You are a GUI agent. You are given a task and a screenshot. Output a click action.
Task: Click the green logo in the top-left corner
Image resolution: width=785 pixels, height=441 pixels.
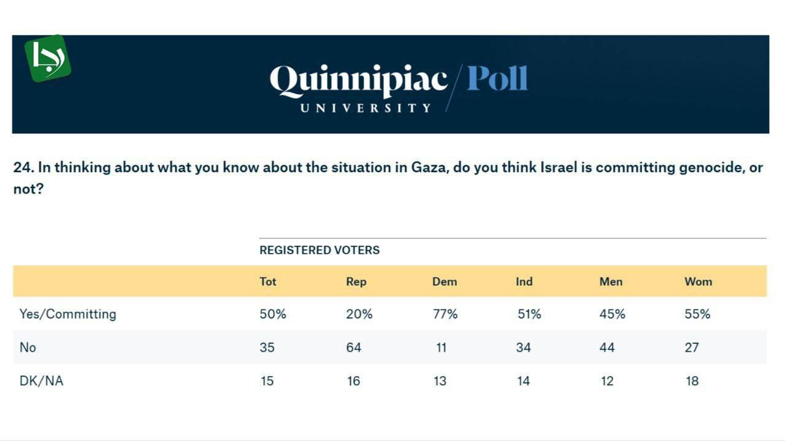click(x=47, y=58)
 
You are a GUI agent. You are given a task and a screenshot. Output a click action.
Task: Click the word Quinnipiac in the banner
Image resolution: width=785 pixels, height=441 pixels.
click(x=359, y=81)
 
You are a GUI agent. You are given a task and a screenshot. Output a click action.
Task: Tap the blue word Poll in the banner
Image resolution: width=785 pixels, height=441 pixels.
click(x=497, y=79)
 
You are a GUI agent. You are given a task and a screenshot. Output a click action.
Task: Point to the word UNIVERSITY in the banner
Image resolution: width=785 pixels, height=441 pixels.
click(x=366, y=108)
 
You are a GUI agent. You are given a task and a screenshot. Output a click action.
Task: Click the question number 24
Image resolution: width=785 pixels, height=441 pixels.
click(x=22, y=168)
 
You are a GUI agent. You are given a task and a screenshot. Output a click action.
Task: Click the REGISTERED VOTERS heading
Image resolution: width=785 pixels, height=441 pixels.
click(x=320, y=250)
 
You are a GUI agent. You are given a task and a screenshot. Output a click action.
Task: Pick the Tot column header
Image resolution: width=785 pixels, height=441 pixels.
click(x=268, y=282)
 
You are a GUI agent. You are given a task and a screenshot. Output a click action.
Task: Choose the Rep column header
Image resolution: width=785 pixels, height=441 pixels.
click(x=356, y=282)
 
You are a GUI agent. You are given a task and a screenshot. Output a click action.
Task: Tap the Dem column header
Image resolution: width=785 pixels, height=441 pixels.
click(x=444, y=282)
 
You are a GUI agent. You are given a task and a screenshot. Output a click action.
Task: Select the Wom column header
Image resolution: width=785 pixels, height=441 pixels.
click(x=698, y=282)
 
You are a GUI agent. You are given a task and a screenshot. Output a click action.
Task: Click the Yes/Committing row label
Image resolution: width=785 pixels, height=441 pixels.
click(x=67, y=314)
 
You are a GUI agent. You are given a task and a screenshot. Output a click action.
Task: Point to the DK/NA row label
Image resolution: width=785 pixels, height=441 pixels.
click(x=41, y=381)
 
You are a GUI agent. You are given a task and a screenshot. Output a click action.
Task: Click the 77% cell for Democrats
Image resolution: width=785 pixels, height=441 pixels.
click(x=445, y=314)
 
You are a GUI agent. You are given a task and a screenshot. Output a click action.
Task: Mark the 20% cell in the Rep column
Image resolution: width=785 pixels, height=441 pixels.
click(x=359, y=314)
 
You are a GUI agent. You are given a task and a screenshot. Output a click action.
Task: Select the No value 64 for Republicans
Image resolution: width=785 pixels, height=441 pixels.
click(x=353, y=347)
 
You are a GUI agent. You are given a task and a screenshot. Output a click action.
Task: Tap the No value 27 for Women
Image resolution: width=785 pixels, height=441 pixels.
click(x=692, y=347)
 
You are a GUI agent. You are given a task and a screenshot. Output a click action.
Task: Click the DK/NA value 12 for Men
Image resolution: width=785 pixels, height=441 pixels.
click(x=607, y=381)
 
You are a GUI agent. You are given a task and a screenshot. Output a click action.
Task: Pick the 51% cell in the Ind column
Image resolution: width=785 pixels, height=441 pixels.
click(x=529, y=314)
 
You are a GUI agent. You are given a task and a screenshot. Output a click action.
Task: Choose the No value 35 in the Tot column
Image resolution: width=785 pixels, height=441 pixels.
click(x=267, y=347)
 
